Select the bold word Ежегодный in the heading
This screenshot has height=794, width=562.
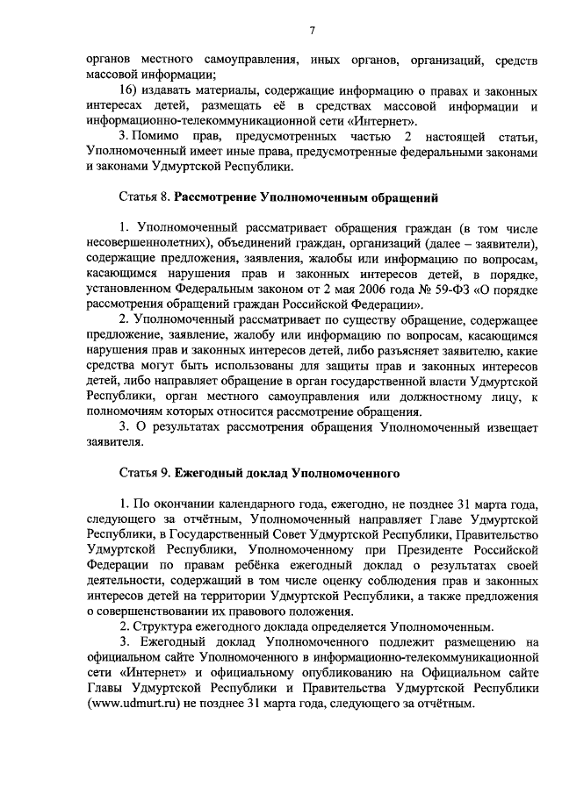coord(209,473)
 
